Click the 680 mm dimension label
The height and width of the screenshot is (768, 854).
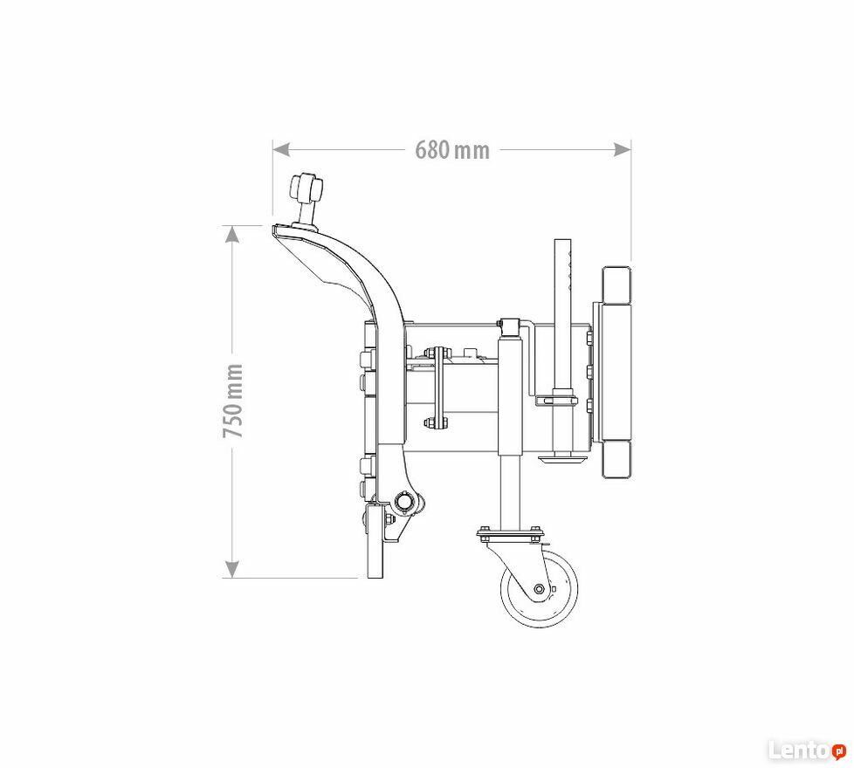(x=452, y=150)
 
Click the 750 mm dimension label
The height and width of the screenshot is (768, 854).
(x=233, y=401)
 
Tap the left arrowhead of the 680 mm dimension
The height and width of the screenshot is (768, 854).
(x=280, y=149)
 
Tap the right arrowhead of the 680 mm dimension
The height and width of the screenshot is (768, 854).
(x=623, y=149)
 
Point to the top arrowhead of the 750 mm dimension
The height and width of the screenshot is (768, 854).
(x=232, y=234)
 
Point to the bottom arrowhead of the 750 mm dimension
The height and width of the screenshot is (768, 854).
(x=232, y=569)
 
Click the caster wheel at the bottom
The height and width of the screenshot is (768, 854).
(x=539, y=588)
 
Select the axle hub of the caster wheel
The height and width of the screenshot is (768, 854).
(x=539, y=589)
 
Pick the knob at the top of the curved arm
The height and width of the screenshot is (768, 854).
(x=306, y=188)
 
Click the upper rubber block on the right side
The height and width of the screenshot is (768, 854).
(x=616, y=285)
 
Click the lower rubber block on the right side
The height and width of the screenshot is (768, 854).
(x=616, y=459)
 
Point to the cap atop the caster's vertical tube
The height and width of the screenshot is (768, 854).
(x=510, y=326)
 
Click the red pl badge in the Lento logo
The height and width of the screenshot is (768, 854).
(x=839, y=751)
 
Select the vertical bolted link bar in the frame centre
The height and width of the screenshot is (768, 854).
(x=436, y=387)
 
